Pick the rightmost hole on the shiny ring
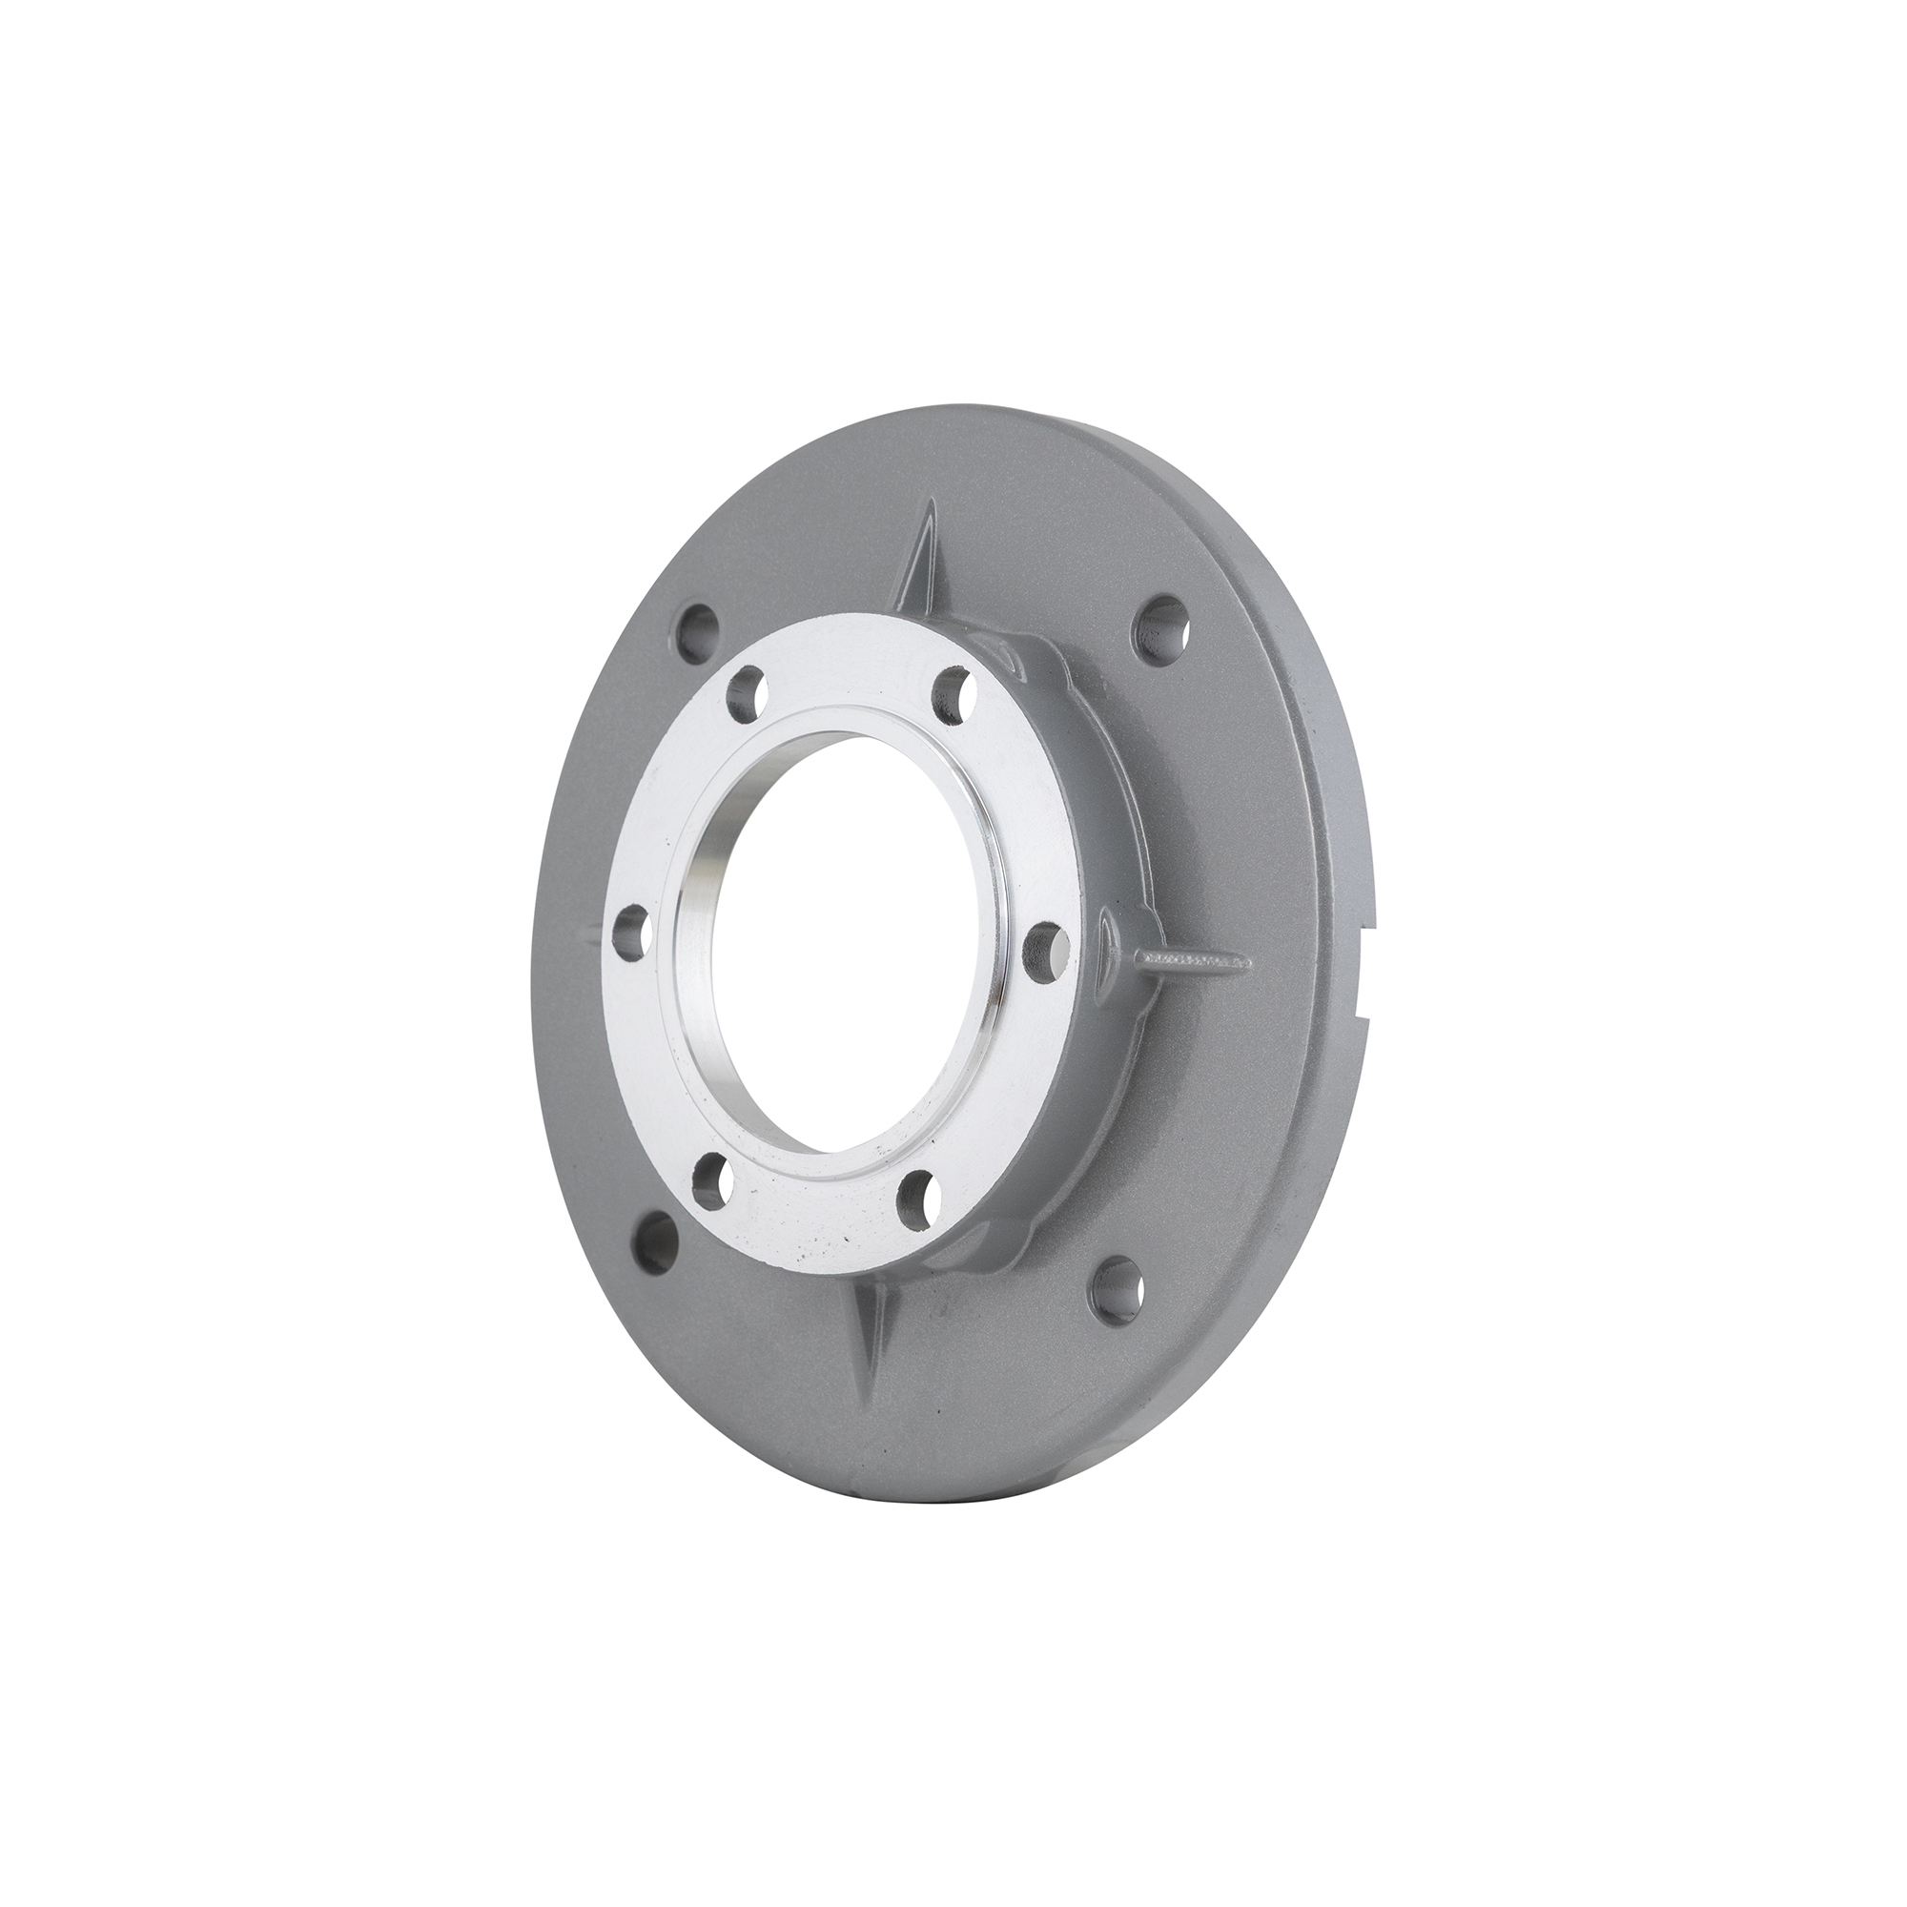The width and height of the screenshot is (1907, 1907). [x=1044, y=950]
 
